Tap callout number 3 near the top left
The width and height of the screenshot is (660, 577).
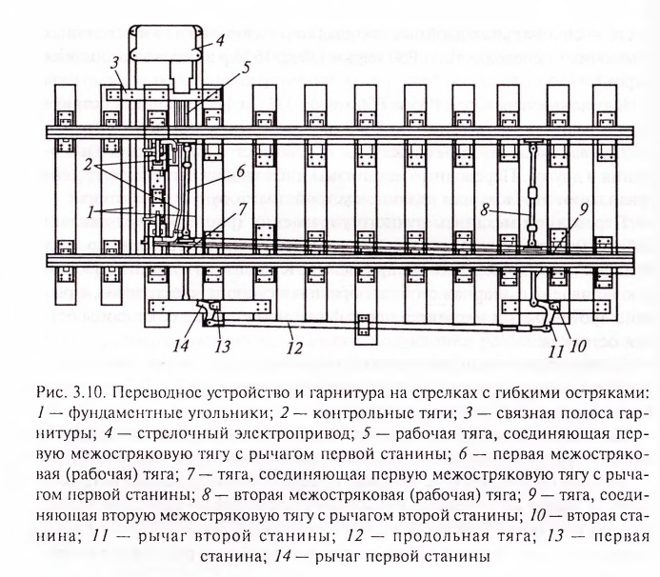point(114,66)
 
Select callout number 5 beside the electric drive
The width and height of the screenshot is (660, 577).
point(246,68)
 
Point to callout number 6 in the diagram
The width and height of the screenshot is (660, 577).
point(240,170)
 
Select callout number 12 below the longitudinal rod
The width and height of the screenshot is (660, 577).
point(294,348)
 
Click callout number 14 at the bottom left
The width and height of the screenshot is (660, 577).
point(181,346)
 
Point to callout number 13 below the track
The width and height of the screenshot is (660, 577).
point(222,347)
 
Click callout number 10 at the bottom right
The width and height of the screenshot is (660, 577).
point(578,346)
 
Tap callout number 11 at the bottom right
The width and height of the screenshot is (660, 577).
point(555,352)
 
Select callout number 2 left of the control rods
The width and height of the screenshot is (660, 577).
point(88,164)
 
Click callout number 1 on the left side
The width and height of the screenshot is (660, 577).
point(90,212)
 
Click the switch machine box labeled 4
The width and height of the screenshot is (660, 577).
point(167,43)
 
